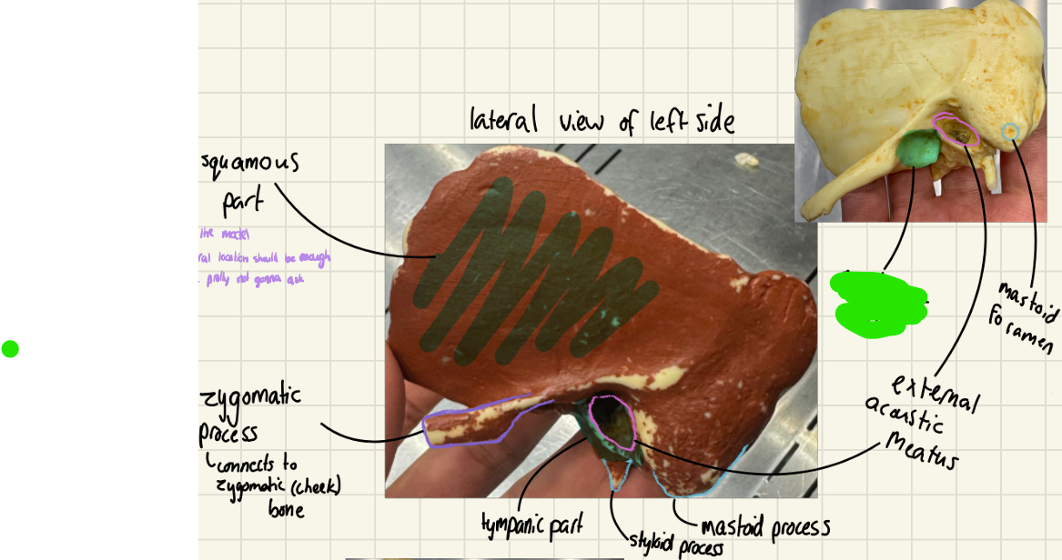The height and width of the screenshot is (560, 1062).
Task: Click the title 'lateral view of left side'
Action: coord(602,121)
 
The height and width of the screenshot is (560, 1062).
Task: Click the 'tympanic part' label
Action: coord(531,525)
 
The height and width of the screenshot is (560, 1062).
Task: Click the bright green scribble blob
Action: coord(878,304)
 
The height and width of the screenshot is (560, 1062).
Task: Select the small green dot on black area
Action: coord(10,349)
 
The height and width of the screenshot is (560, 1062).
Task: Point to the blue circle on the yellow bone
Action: coord(1009,133)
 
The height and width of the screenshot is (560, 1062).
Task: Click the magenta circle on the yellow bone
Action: coord(956,131)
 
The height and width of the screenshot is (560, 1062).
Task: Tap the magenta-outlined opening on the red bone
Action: coord(612,422)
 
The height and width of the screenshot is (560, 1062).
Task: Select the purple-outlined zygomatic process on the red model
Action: coord(469,425)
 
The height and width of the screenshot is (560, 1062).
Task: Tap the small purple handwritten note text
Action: coord(264,257)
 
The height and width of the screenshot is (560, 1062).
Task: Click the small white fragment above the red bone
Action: coord(748,161)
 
